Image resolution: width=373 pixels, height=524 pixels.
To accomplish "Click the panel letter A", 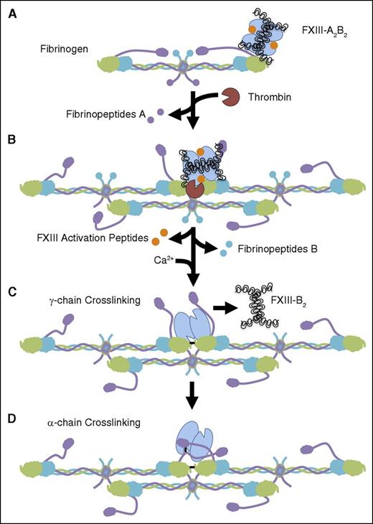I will coord(13,13).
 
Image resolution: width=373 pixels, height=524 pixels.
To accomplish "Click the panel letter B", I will coord(13,141).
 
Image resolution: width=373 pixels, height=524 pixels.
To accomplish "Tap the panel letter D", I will coord(13,415).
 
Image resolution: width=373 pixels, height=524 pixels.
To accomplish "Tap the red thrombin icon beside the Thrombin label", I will coord(232,95).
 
